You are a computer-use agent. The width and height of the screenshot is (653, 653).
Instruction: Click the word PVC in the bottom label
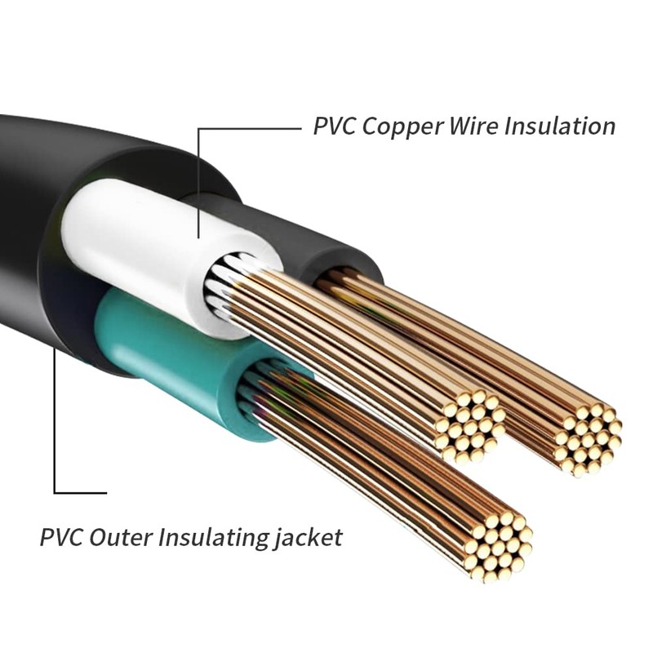coord(61,539)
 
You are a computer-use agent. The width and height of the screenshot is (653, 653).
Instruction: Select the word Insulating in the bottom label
coord(216,539)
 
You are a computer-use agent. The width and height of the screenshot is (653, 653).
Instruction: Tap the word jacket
coord(309,539)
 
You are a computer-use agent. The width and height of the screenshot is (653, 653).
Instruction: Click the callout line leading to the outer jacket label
coord(55,424)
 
